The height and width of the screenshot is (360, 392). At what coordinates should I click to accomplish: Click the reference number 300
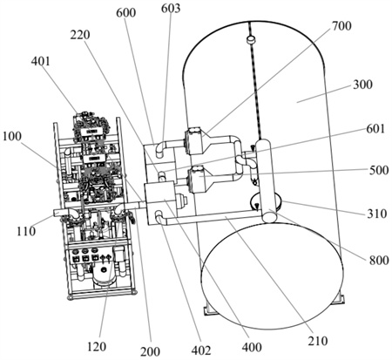pos(362,85)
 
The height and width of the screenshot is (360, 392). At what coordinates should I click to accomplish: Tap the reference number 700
pos(341,26)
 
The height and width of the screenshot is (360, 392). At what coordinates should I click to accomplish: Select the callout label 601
pos(375,128)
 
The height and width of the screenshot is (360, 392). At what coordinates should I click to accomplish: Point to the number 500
pos(379,170)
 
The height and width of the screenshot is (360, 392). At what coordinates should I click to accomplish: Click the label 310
pos(377,214)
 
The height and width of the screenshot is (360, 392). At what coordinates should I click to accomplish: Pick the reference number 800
pos(379,260)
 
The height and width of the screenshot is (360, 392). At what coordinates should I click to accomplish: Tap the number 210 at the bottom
pos(318,341)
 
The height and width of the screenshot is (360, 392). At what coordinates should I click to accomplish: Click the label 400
pos(252,347)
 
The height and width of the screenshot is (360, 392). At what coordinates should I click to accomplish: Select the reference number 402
pos(201,350)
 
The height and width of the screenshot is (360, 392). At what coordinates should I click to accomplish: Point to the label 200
pos(150,351)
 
